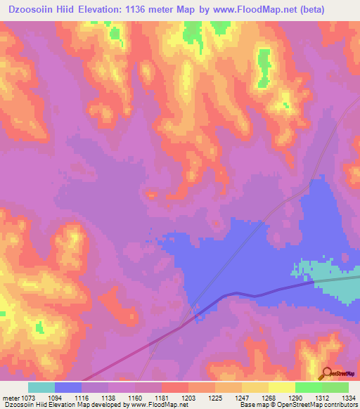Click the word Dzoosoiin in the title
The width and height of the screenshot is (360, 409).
(x=32, y=10)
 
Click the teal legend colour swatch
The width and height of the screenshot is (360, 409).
(x=41, y=387)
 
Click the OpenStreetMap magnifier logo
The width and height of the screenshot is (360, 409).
(x=326, y=374)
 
